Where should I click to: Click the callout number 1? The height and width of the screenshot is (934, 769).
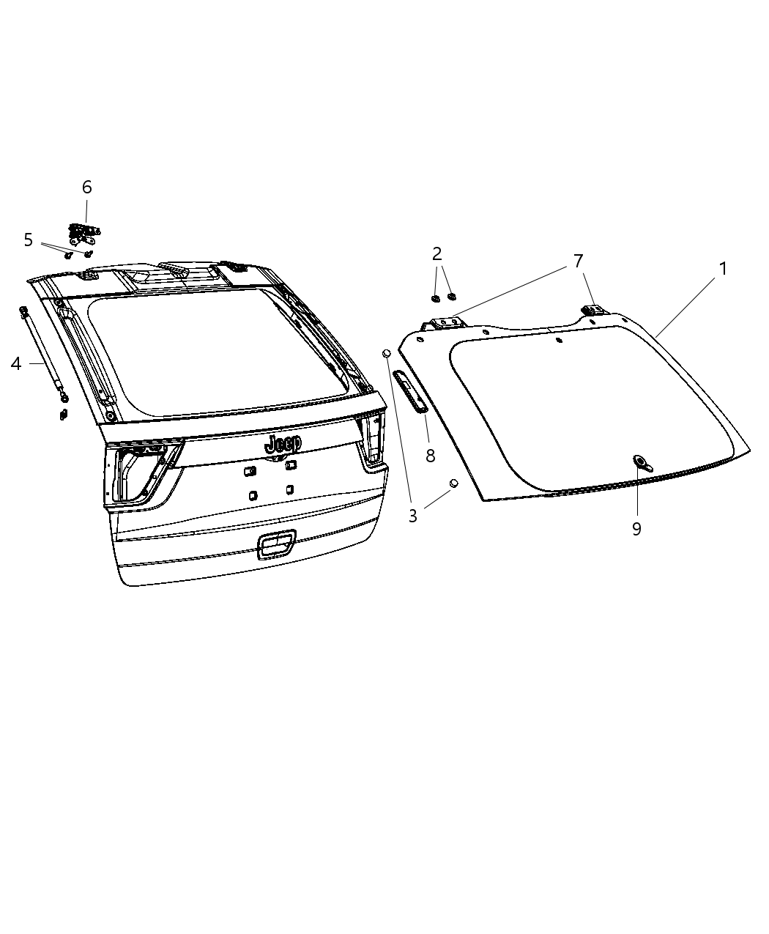click(x=723, y=269)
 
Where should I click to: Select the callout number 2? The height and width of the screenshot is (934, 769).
click(x=437, y=254)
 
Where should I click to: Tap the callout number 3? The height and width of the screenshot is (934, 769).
click(x=413, y=516)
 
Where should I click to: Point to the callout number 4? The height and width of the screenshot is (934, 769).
click(x=16, y=363)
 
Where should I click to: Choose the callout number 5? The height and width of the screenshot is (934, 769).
click(x=29, y=240)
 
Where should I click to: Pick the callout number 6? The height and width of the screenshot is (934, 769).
click(x=87, y=187)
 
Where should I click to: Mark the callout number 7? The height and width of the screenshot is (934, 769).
click(x=578, y=261)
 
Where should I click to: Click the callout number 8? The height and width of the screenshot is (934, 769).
click(x=431, y=456)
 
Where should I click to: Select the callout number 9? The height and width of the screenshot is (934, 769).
click(x=636, y=528)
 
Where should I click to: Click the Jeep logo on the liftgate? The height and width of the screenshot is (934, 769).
click(x=283, y=443)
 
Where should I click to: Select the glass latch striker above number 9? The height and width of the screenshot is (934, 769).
click(x=642, y=462)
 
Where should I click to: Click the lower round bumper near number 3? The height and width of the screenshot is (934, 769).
click(x=453, y=483)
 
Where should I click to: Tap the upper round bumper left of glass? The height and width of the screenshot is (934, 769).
click(x=387, y=354)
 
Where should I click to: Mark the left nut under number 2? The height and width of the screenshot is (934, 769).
click(x=435, y=298)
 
